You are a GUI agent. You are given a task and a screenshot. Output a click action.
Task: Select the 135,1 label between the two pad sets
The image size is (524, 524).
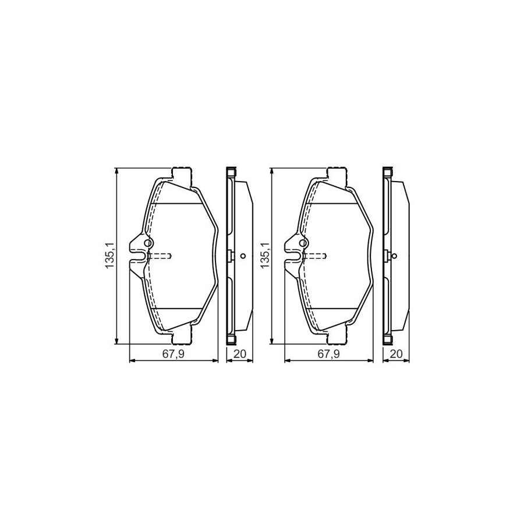pos(265,255)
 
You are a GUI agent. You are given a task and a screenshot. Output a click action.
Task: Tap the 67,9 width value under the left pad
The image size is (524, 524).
pos(173,354)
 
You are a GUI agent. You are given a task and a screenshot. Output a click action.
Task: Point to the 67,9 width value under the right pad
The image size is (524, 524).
pos(329,354)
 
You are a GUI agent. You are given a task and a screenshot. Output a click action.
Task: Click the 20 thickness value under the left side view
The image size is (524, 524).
pos(239,354)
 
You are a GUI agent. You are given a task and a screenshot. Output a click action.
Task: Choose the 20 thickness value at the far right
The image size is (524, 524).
pos(396,354)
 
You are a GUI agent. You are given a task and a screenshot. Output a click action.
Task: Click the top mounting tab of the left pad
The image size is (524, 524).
pos(182,174)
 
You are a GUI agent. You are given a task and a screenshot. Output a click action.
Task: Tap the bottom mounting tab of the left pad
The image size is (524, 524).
pos(182,337)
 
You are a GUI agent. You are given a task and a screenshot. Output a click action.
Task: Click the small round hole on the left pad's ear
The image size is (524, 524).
pos(148,243)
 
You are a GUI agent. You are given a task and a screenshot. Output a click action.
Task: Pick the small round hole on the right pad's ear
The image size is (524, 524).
pos(303,243)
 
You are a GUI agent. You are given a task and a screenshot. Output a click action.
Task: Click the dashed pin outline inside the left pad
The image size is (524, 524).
pos(160,255)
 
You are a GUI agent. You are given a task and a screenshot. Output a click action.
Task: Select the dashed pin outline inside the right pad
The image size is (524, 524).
pos(316,255)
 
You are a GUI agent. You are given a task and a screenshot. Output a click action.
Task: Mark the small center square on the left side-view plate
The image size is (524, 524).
pos(231,255)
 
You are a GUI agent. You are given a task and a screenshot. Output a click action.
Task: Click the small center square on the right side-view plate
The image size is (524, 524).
pos(387,255)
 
